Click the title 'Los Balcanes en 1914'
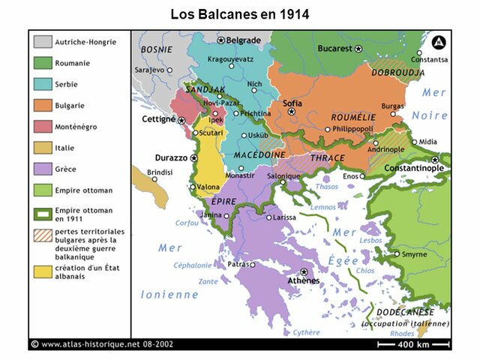239,13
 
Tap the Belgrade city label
244,40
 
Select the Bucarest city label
334,48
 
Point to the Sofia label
292,103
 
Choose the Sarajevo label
149,70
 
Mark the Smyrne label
414,254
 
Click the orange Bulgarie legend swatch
43,106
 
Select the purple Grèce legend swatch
43,169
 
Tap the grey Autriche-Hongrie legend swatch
43,42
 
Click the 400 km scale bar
412,344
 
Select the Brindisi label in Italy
160,172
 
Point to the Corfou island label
187,223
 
